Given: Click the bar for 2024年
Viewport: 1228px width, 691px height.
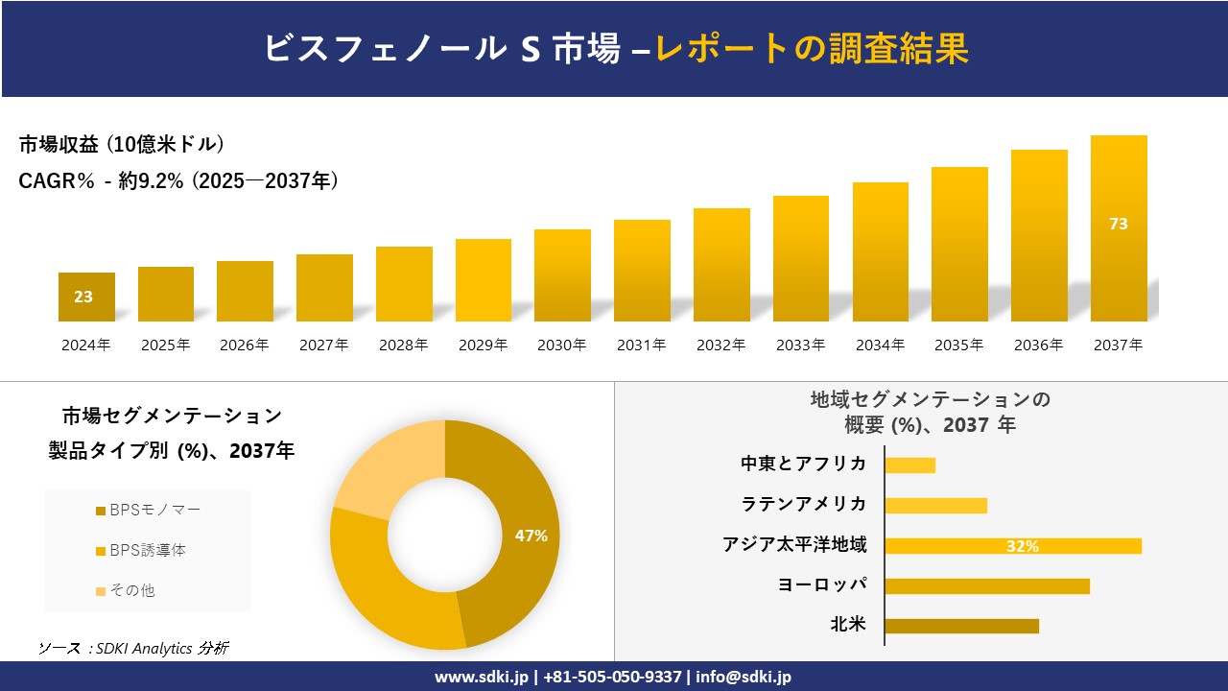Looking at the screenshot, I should click(x=86, y=297).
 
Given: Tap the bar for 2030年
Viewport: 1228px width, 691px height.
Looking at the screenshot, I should click(x=562, y=275).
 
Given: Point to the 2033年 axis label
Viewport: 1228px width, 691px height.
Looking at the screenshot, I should click(x=800, y=345).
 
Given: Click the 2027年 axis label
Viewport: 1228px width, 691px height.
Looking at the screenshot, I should click(x=323, y=345).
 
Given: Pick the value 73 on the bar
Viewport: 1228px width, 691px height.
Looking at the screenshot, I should click(x=1119, y=224).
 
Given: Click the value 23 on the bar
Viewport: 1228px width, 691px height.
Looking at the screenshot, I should click(x=83, y=297).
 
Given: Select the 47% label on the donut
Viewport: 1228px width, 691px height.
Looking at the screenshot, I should click(x=531, y=536).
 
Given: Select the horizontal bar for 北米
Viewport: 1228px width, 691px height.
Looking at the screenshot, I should click(x=961, y=626).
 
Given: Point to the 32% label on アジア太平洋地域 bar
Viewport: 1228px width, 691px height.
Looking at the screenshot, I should click(x=1023, y=546).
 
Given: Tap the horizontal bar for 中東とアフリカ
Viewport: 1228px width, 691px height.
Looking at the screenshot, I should click(x=909, y=465).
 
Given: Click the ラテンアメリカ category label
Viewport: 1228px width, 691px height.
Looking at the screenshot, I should click(x=804, y=504).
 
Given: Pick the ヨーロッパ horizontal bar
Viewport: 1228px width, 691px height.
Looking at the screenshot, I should click(x=987, y=585).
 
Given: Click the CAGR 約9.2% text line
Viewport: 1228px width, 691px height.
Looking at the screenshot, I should click(x=178, y=181).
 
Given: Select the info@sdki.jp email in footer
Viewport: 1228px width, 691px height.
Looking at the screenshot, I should click(x=744, y=677).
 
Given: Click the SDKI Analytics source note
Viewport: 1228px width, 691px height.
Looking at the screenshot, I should click(x=133, y=648).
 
